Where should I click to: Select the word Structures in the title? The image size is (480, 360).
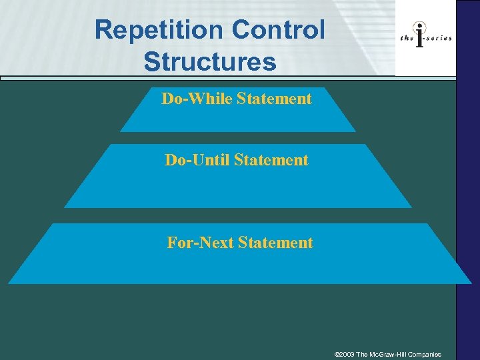point(209,61)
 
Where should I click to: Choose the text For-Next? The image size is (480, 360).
point(197,243)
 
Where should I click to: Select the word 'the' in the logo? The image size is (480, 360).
point(407,38)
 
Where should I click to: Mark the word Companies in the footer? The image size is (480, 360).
point(427,354)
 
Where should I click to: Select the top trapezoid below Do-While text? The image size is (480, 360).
point(237,120)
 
